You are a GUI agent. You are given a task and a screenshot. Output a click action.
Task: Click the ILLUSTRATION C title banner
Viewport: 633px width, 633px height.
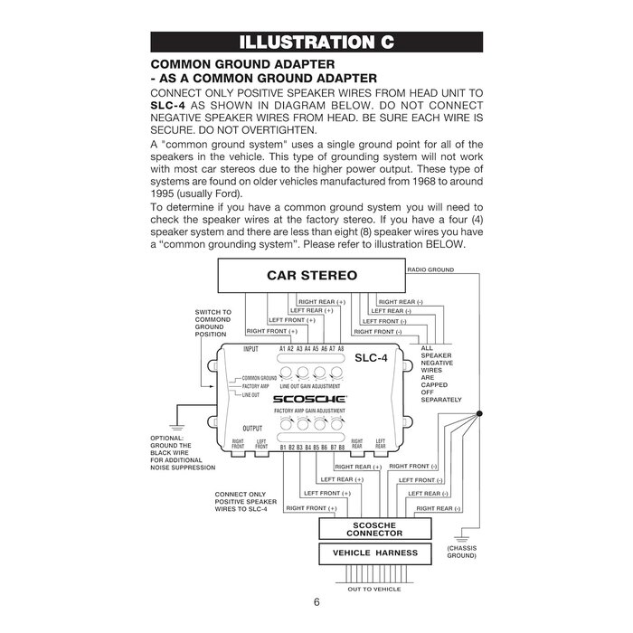[316, 42]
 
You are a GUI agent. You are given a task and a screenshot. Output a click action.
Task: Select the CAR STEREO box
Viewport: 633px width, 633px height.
[312, 275]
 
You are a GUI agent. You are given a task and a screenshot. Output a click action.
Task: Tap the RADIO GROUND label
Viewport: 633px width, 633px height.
[430, 269]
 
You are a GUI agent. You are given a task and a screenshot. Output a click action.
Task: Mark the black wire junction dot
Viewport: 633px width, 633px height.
[479, 413]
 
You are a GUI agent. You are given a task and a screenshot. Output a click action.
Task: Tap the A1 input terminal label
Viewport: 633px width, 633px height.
[283, 349]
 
